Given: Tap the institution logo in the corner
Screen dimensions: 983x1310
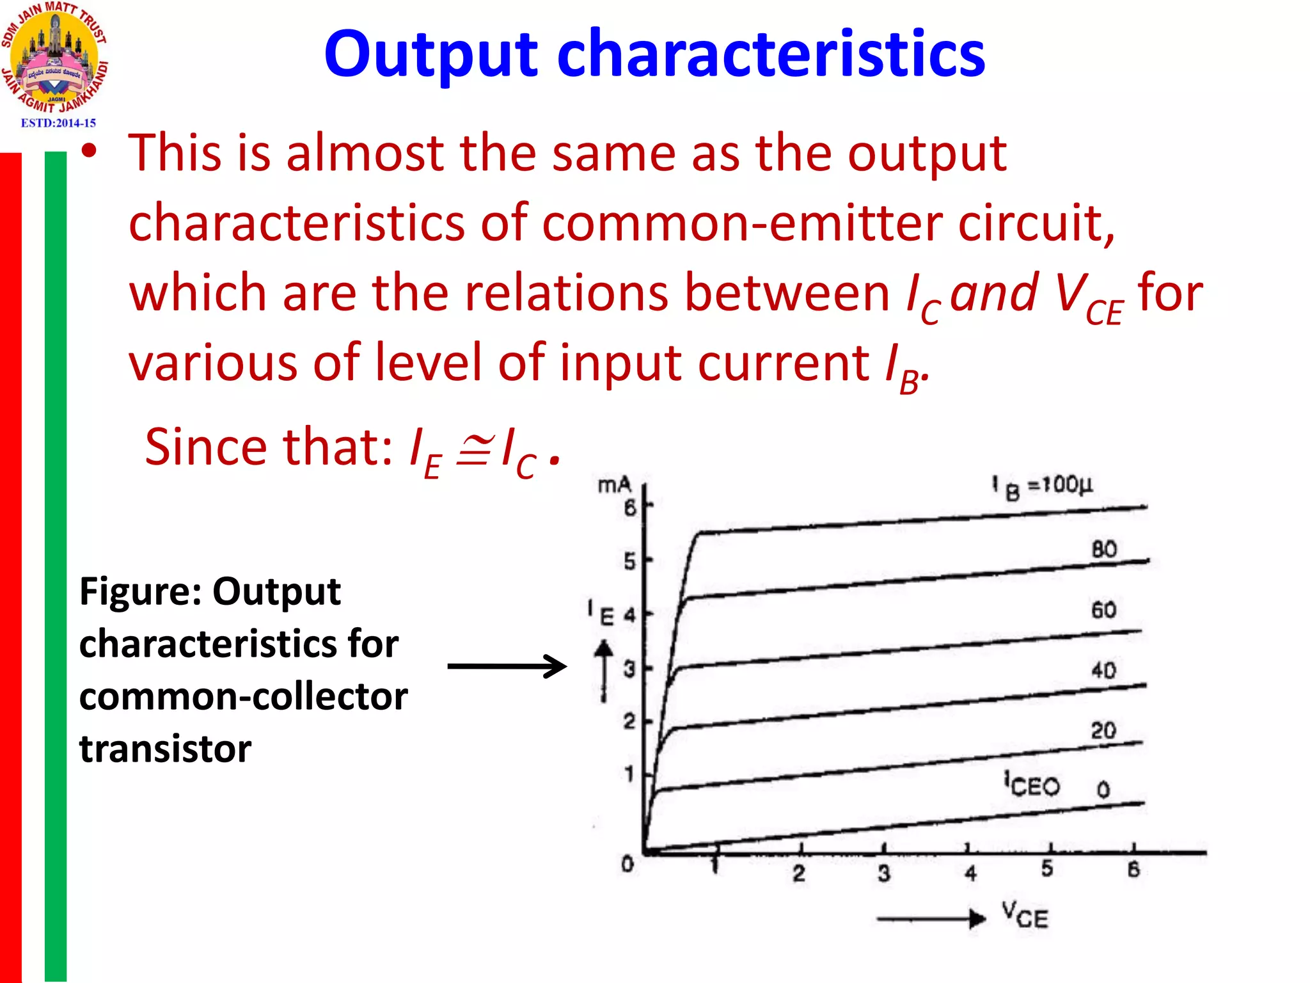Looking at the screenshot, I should tap(55, 58).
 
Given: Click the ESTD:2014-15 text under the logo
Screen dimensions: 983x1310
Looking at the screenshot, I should tap(58, 123).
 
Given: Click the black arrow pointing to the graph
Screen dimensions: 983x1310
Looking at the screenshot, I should tap(507, 666).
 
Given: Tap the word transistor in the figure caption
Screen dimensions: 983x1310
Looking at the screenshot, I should tap(165, 749).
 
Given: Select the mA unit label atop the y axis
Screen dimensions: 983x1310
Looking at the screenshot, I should tap(614, 486).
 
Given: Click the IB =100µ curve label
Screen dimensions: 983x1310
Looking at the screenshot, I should tap(1043, 486).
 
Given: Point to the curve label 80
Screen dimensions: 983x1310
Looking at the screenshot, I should tap(1104, 549).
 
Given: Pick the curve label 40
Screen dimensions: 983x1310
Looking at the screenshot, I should tap(1104, 670).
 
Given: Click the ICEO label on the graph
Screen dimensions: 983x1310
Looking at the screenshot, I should tap(1032, 785).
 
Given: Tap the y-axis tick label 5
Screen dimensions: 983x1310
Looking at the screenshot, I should tap(630, 562).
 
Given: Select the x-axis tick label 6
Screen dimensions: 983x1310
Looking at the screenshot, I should tap(1133, 869).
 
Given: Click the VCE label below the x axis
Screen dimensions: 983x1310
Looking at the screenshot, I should tap(1025, 915).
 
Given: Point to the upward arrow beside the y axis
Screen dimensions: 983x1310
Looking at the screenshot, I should tap(603, 672).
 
